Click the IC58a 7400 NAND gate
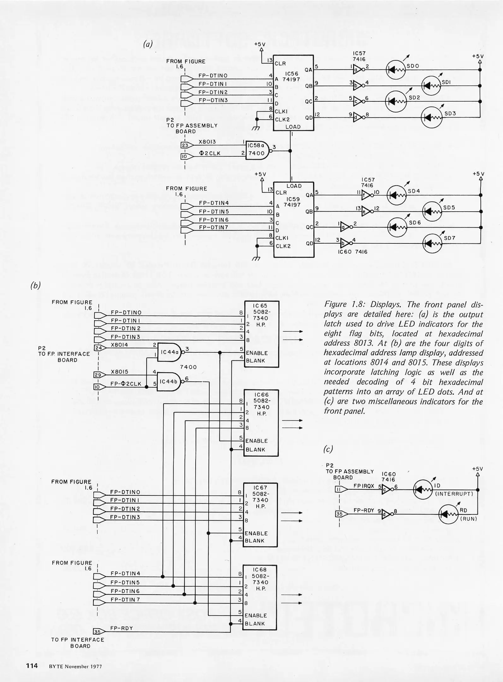click(257, 150)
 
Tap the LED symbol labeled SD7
click(432, 243)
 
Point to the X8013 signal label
click(207, 142)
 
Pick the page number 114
click(32, 666)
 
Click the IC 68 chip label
click(260, 570)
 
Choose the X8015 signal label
click(120, 372)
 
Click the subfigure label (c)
click(328, 449)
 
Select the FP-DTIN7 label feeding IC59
click(214, 227)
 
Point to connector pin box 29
click(98, 375)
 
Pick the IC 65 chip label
click(260, 306)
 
